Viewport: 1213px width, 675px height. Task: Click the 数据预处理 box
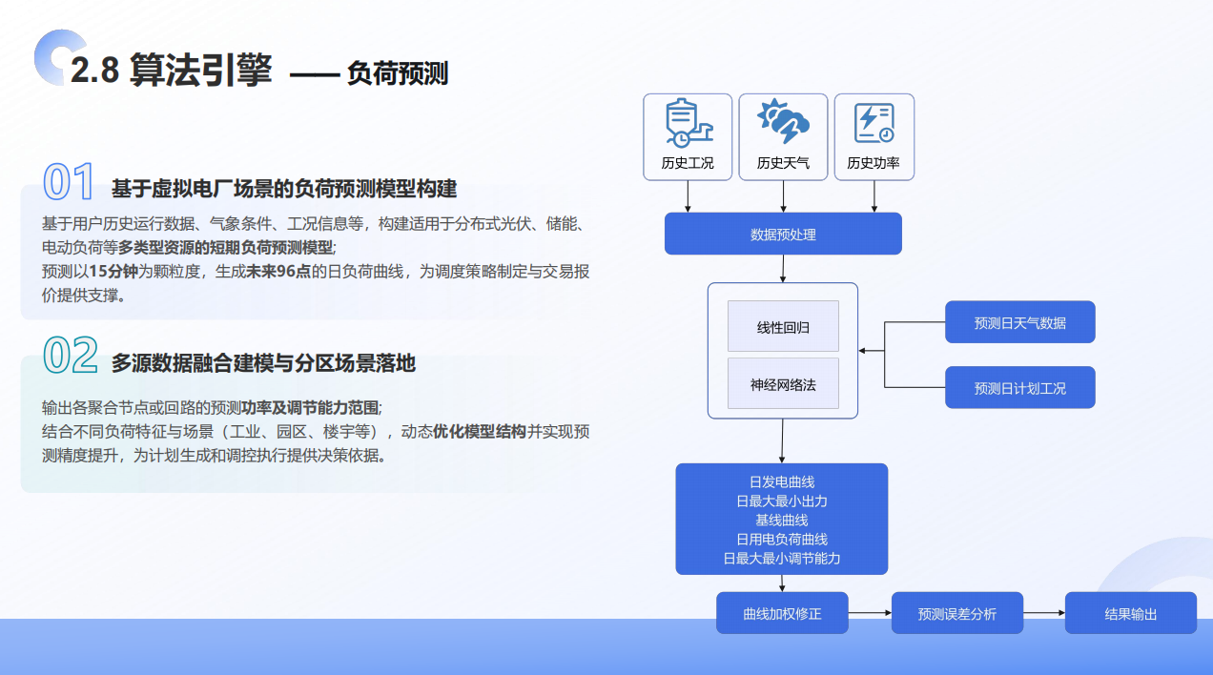tap(783, 234)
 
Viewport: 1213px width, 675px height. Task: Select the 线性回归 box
tap(783, 327)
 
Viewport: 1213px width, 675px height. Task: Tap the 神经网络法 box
tap(783, 384)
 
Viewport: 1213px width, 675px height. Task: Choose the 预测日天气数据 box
tap(1019, 322)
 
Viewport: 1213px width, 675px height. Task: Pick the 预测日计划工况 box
tap(1019, 388)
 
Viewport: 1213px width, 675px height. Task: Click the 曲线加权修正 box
tap(782, 614)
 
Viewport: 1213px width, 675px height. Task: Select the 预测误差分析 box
tap(956, 614)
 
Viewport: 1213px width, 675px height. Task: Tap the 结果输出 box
tap(1130, 614)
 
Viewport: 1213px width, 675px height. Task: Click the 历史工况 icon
tap(688, 123)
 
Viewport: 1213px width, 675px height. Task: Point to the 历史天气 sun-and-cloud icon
tap(783, 122)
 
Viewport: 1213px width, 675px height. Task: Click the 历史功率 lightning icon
tap(874, 122)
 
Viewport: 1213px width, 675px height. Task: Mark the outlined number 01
tap(69, 182)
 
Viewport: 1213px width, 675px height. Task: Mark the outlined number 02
tap(71, 357)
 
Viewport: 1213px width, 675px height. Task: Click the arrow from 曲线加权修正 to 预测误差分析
tap(869, 613)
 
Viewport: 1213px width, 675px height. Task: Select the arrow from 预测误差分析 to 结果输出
tap(1043, 613)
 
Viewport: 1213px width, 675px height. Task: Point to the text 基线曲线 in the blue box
tap(782, 520)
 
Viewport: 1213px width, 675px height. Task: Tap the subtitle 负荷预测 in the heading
tap(397, 73)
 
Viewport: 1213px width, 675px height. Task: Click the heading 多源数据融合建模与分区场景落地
tap(263, 363)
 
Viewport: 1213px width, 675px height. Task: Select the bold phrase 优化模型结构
tap(480, 431)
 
